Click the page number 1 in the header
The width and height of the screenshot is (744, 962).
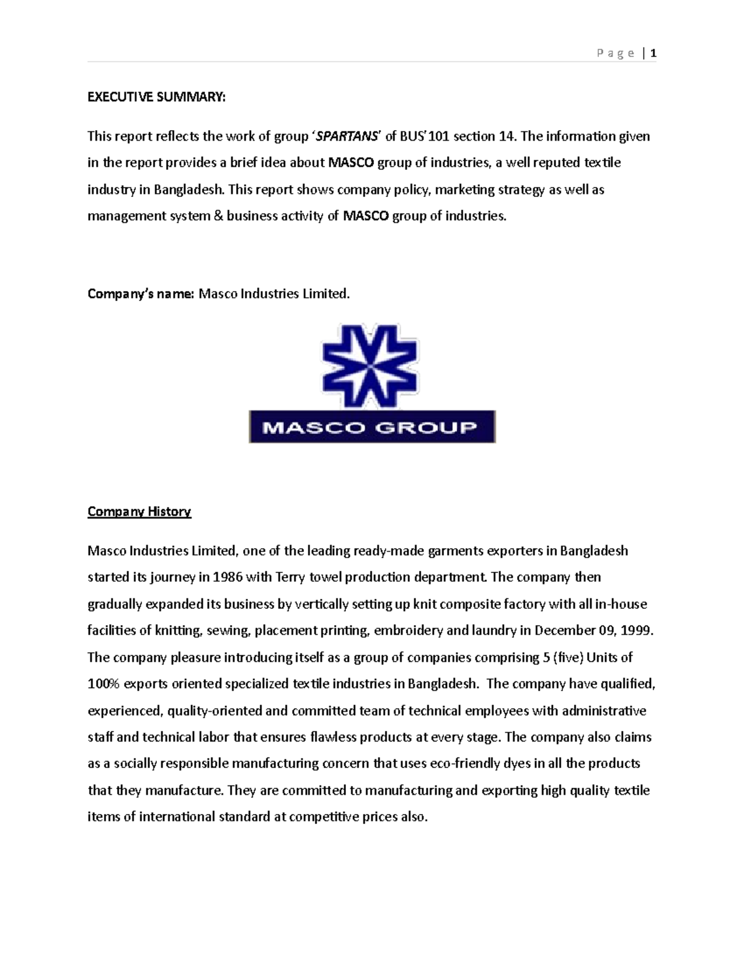click(x=653, y=53)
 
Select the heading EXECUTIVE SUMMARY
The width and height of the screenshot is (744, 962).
click(x=157, y=97)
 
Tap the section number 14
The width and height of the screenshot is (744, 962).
click(x=507, y=136)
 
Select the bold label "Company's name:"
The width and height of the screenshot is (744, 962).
click(x=141, y=294)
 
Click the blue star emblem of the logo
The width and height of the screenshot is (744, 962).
click(x=370, y=365)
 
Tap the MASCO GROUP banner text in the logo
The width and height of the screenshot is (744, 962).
click(x=371, y=427)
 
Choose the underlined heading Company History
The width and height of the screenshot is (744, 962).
click(x=139, y=512)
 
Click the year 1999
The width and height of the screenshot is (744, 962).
click(x=637, y=631)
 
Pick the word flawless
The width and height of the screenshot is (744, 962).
click(x=334, y=737)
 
